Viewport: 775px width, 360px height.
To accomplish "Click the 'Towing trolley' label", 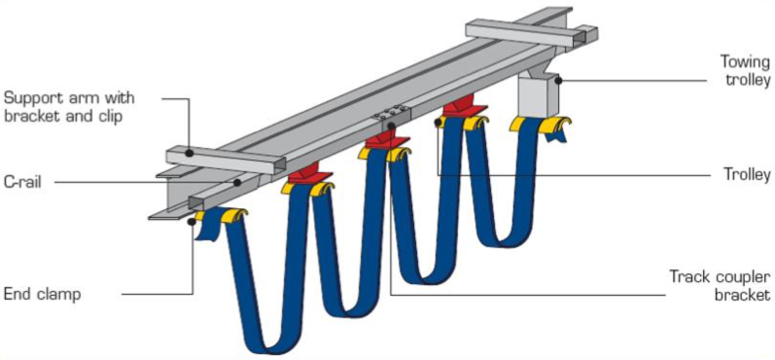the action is [745, 71].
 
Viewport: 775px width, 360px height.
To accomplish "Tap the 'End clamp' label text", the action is [42, 294].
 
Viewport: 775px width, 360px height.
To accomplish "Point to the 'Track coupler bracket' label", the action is [720, 285].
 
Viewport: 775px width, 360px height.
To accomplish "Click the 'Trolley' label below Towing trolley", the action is [747, 174].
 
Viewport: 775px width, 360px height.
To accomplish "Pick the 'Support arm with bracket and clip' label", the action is [69, 106].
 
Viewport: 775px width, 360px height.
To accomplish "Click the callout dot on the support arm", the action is [190, 154].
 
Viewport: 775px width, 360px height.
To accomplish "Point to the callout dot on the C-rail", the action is [237, 183].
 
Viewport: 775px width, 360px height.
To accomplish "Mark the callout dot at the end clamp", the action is [191, 222].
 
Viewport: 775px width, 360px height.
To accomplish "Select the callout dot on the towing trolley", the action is [558, 79].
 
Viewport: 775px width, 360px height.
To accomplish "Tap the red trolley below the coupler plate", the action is [387, 142].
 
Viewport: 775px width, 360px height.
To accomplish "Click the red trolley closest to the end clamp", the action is [307, 175].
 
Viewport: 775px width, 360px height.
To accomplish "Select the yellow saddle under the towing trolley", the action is [541, 126].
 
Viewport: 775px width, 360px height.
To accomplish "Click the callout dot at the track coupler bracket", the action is [391, 126].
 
